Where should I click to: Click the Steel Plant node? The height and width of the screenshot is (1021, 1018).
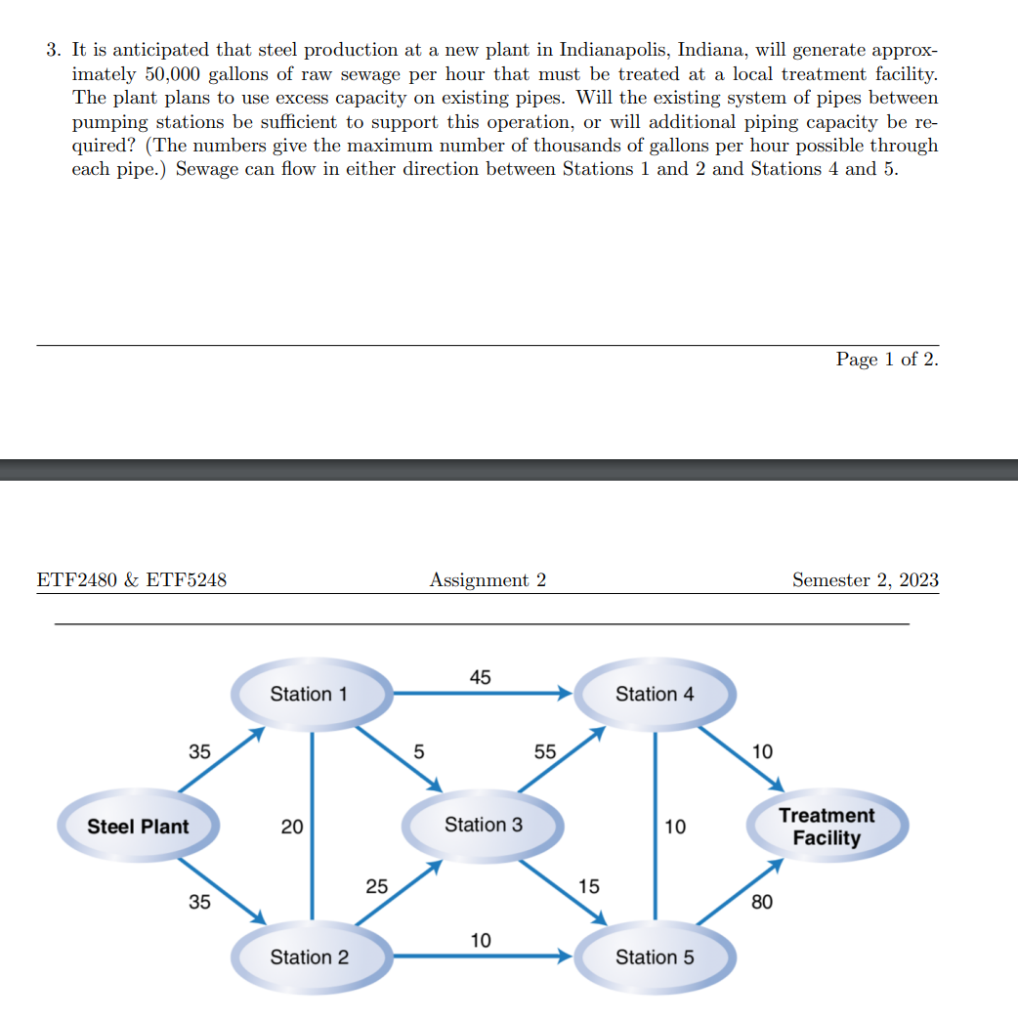coord(138,827)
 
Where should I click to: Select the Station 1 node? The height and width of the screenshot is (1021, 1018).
coord(309,694)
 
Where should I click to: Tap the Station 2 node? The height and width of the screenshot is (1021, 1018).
coord(309,957)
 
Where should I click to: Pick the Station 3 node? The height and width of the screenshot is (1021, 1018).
coord(484,825)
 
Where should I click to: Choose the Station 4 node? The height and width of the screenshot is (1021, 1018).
coord(655,694)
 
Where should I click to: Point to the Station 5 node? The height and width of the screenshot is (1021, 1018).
coord(655,957)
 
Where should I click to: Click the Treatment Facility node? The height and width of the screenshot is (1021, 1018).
coord(827,827)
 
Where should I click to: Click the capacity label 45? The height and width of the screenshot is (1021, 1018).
coord(481,677)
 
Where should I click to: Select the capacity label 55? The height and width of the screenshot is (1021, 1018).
coord(544,752)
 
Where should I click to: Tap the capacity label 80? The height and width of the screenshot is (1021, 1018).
coord(762,902)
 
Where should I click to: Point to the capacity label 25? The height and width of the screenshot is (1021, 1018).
coord(376,887)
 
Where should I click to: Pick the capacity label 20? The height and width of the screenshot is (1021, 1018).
coord(292,828)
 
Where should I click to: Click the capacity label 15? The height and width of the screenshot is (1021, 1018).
coord(589,887)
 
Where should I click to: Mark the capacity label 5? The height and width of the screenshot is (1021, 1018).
coord(419,752)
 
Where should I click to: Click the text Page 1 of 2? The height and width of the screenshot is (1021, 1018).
coord(887,360)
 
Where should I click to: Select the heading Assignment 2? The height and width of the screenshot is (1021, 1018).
coord(488,580)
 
